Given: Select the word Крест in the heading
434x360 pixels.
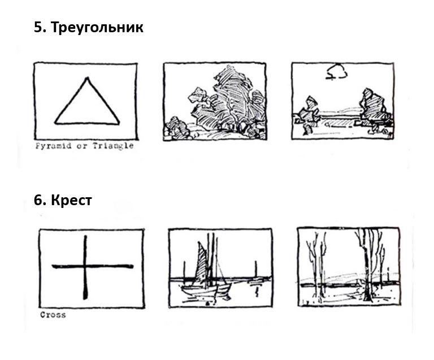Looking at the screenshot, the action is (71, 200).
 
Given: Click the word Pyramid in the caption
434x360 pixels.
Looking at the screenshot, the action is (54, 146).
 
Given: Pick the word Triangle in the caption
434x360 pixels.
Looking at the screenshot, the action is (113, 146).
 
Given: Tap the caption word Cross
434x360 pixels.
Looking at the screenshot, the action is (53, 315).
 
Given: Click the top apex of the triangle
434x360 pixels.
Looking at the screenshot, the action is (87, 78).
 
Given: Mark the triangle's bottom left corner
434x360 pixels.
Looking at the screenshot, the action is (55, 122).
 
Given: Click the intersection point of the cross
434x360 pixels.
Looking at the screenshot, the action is (85, 267).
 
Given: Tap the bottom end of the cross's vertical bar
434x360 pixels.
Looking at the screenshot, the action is (85, 298).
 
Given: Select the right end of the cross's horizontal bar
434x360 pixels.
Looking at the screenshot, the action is (132, 267).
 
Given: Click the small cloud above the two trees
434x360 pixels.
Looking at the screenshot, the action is (336, 71).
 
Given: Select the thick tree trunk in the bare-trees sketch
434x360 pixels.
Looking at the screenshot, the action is (367, 266).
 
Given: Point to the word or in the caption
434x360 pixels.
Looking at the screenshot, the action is (82, 146).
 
